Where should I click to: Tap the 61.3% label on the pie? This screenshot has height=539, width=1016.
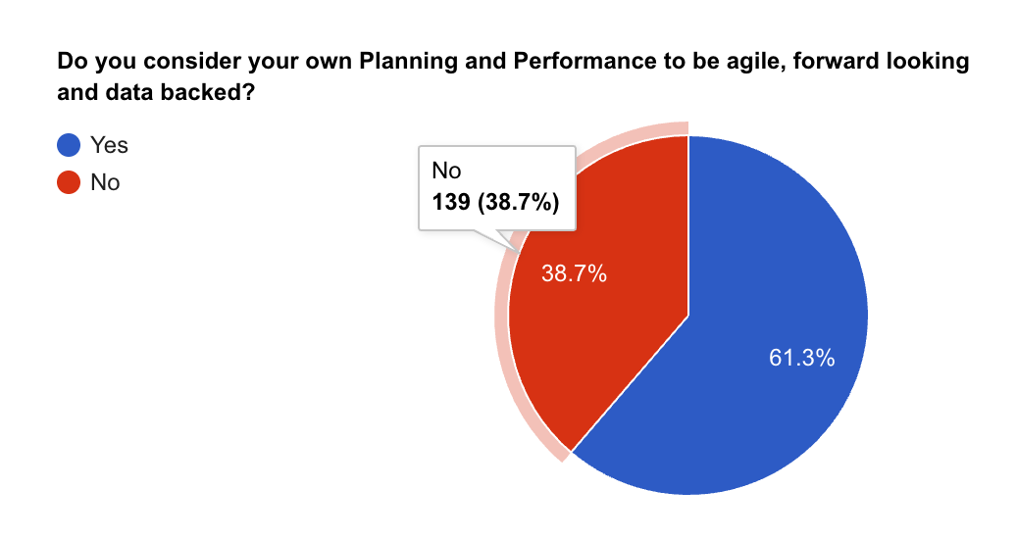pos(801,359)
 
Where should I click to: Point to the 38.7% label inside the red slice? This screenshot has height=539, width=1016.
pos(574,274)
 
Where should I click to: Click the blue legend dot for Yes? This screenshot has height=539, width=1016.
pos(69,146)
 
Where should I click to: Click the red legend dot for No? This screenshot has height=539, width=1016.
pos(69,182)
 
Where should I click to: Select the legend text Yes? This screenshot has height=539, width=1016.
pos(109,146)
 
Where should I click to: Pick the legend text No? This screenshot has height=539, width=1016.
pos(105,182)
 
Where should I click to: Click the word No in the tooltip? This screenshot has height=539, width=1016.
pos(445,171)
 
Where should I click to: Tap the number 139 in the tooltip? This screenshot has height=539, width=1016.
pos(451,203)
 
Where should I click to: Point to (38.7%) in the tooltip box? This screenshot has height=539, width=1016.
pos(520,203)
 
